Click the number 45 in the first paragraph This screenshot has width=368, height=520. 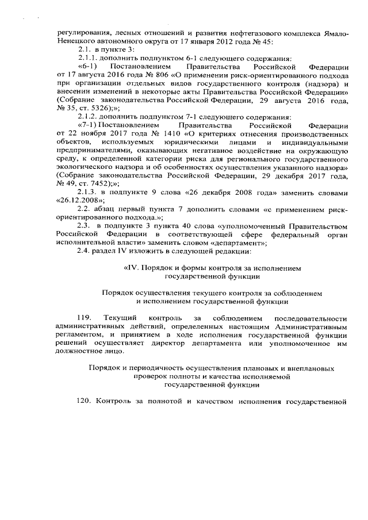266,42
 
